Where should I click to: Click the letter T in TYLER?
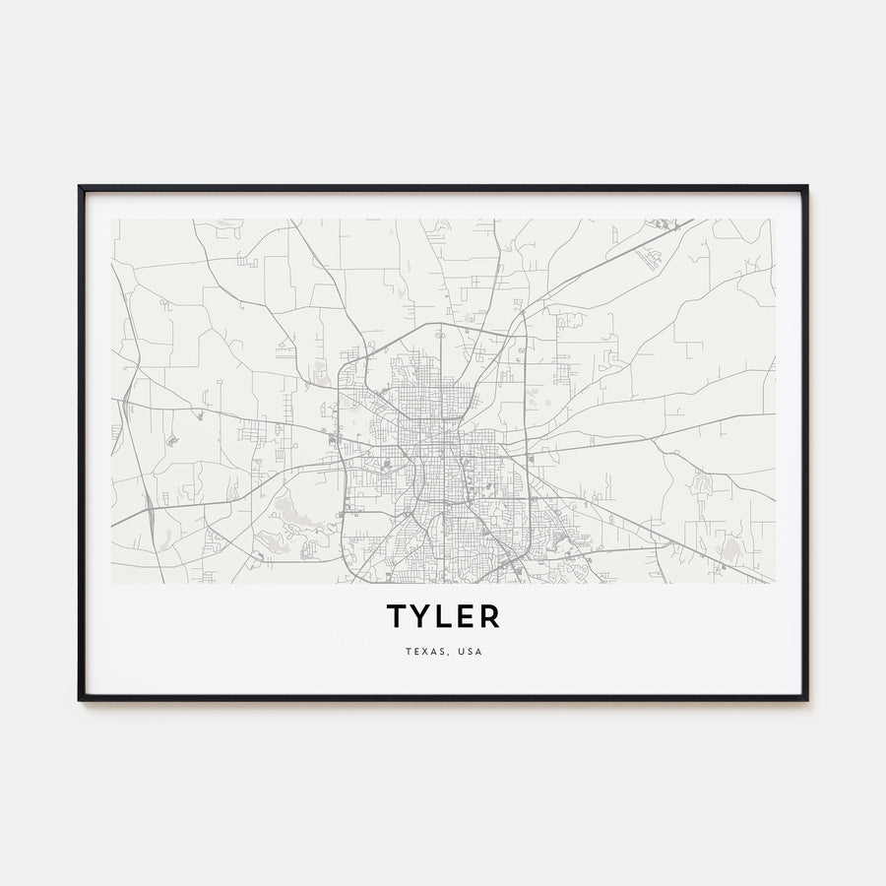click(x=396, y=616)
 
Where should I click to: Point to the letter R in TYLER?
click(x=490, y=616)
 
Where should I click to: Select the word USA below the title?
click(x=471, y=652)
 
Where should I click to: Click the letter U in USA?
click(x=461, y=652)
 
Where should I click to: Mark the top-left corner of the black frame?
click(x=80, y=186)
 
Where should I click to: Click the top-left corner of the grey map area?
click(x=111, y=220)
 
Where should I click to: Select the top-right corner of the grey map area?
click(x=775, y=220)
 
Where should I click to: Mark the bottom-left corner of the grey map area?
click(x=111, y=583)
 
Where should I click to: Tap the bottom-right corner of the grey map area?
click(x=775, y=583)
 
